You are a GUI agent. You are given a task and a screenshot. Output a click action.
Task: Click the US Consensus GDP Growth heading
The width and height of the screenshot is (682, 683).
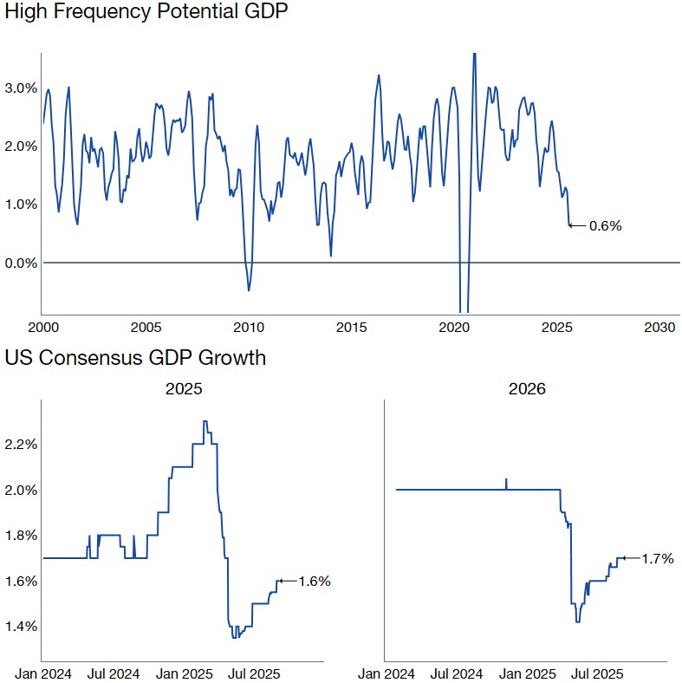pos(135,358)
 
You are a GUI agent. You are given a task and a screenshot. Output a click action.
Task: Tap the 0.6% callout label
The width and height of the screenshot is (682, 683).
pos(606,226)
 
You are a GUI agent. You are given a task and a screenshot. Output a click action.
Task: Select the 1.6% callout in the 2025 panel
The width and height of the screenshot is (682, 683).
pos(315,582)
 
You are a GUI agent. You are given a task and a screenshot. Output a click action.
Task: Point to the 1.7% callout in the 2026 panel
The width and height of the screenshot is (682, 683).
pos(658,559)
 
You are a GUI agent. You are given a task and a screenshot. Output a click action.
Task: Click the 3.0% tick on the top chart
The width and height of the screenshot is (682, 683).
pos(21,88)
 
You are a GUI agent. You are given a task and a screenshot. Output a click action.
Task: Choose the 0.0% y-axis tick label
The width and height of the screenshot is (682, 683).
pos(21,263)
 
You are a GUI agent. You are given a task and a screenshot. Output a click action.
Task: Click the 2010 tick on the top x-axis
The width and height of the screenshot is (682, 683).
pos(249,328)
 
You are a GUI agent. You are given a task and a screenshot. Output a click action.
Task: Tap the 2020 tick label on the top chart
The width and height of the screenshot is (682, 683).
pos(454,328)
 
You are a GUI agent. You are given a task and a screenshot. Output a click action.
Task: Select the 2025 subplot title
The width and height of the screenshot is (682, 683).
pos(184,389)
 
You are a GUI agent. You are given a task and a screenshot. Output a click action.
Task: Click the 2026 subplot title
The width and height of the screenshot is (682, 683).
pos(527,389)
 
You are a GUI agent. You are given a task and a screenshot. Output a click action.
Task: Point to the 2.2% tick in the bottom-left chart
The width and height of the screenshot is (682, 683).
pos(21,445)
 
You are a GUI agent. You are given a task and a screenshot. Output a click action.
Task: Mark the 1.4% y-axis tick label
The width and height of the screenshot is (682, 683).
pos(21,627)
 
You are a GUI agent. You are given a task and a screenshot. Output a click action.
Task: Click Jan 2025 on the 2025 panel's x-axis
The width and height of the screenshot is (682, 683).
pos(184,673)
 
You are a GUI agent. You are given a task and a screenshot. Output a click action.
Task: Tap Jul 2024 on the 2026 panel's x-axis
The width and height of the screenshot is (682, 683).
pos(457,673)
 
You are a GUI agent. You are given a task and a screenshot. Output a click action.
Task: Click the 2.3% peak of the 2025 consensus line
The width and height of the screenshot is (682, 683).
pos(205,422)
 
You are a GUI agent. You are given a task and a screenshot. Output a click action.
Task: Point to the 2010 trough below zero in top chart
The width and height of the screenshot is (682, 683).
pos(249,289)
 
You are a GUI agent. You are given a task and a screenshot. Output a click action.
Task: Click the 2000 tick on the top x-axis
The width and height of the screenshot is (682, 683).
pos(43,328)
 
